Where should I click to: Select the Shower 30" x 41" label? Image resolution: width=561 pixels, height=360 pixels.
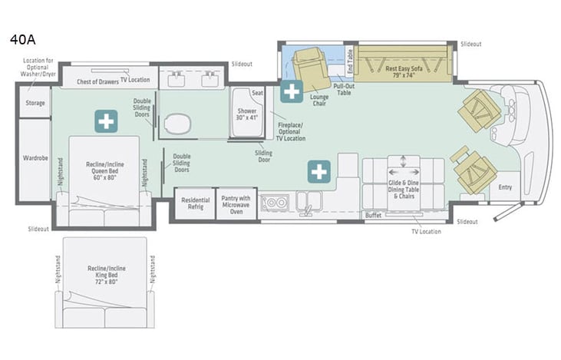click(246, 116)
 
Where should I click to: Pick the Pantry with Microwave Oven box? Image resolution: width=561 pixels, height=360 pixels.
click(236, 204)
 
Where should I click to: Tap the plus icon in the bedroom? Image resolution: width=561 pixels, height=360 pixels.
click(106, 121)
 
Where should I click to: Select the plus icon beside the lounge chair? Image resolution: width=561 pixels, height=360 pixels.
click(291, 91)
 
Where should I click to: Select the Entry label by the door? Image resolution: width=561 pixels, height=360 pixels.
click(505, 187)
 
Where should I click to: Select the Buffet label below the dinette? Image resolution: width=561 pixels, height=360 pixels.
click(374, 215)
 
